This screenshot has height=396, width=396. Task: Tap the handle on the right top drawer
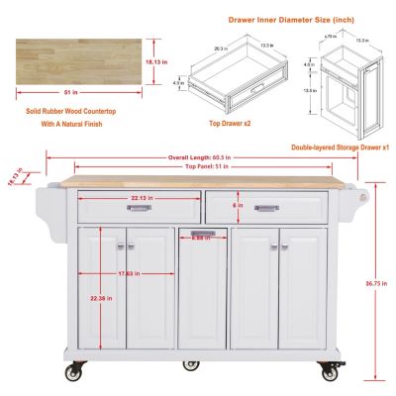[265, 208]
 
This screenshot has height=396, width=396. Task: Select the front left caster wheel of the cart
[73, 372]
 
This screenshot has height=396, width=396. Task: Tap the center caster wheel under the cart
[189, 364]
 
